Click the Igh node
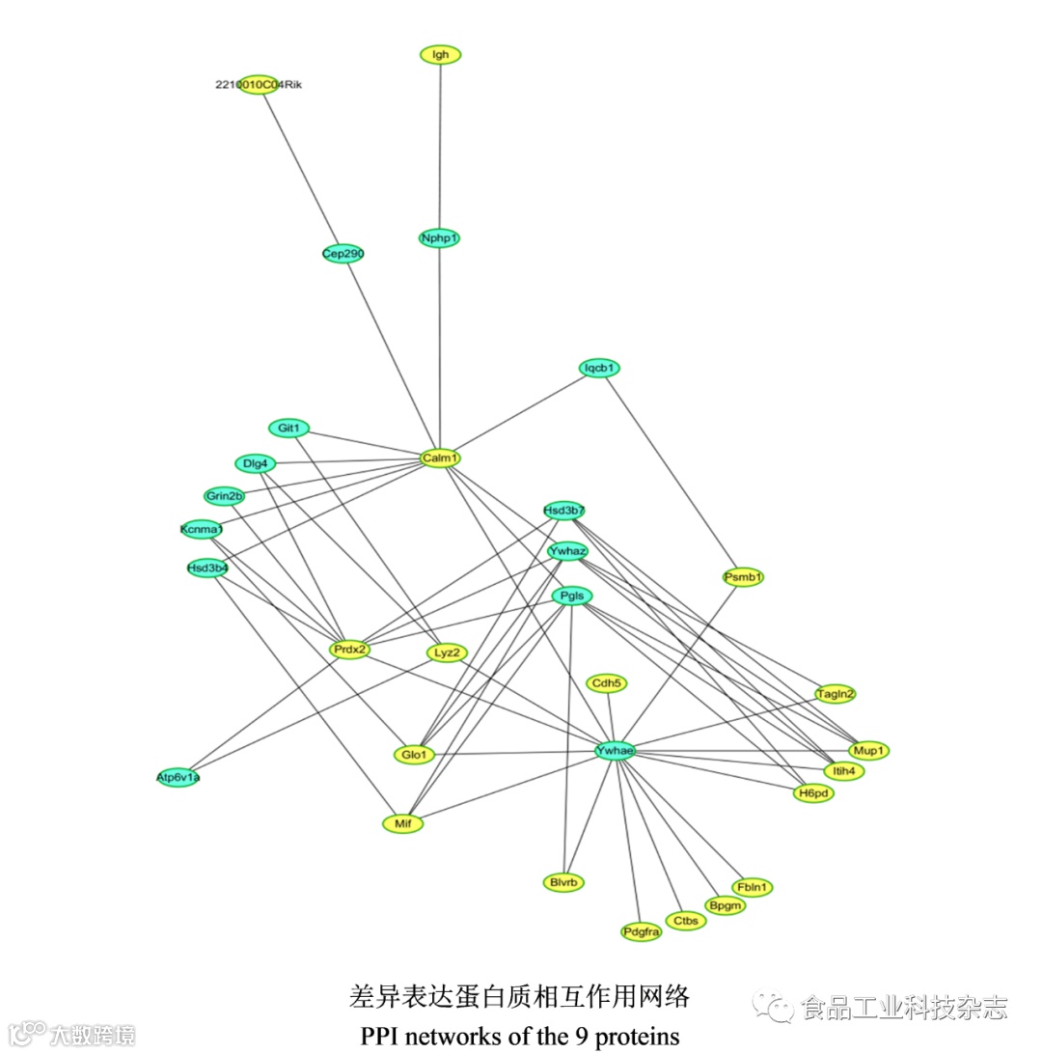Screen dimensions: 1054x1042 click(x=441, y=55)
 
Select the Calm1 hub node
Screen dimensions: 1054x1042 click(x=440, y=458)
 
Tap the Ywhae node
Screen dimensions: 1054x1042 click(x=615, y=751)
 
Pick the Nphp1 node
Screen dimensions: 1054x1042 click(x=439, y=237)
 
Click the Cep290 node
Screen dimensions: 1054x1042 click(x=343, y=254)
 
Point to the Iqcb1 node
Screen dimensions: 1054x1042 click(x=599, y=368)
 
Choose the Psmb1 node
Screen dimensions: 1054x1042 click(x=743, y=577)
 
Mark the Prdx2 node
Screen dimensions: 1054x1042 click(x=349, y=650)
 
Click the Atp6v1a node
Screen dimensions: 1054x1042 click(x=178, y=776)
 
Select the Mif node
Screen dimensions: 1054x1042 click(x=402, y=823)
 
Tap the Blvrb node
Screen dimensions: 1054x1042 click(x=563, y=881)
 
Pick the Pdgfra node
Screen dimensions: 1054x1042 click(x=642, y=931)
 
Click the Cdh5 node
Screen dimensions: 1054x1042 click(x=607, y=683)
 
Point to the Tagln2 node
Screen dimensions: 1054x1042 click(x=836, y=693)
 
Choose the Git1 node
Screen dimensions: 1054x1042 click(x=288, y=428)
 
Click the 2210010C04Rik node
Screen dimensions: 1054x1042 click(x=259, y=85)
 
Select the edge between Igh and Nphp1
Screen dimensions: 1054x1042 click(x=440, y=145)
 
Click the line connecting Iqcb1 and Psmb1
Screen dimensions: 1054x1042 click(x=671, y=473)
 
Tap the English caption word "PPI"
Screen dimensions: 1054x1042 click(x=380, y=1037)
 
